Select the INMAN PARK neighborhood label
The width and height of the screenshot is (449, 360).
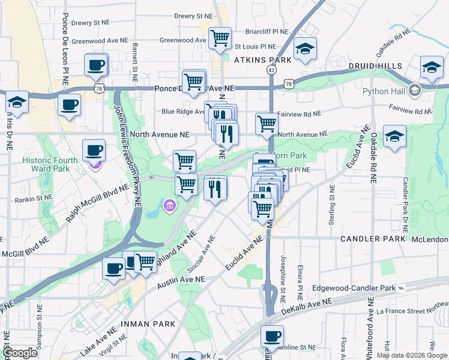(x=148, y=324)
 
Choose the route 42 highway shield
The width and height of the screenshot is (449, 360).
(x=272, y=70)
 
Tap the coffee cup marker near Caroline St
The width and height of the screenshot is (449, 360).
(x=272, y=337)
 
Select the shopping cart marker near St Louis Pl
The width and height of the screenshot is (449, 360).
(x=220, y=38)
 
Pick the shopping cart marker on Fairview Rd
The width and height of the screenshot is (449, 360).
(x=267, y=124)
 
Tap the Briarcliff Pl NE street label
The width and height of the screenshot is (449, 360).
(x=267, y=31)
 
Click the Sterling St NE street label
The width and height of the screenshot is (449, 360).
(x=331, y=205)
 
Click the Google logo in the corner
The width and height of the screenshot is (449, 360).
(x=19, y=353)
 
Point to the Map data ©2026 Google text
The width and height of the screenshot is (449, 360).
(x=407, y=355)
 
